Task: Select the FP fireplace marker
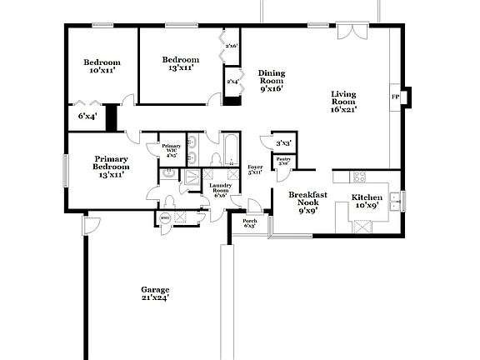394,97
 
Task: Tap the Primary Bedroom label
111,167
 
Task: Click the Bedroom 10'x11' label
102,67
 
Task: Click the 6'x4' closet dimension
87,116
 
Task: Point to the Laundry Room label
219,190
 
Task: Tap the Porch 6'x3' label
249,223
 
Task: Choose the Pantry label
283,160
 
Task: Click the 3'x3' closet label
283,143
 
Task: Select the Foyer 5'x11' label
255,171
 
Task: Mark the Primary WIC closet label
171,150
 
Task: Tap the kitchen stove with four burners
361,177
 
